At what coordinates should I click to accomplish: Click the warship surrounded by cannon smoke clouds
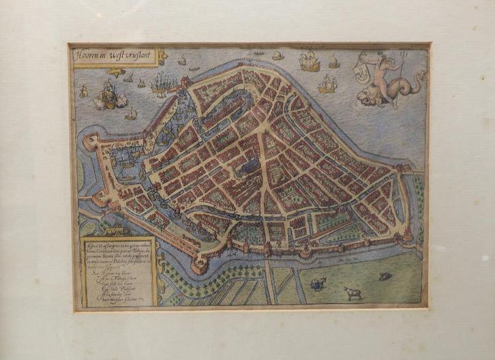point(108,95)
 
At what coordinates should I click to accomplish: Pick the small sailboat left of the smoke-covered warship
point(83,91)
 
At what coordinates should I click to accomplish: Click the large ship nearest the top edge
point(310,63)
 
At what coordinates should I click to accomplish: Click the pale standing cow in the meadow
point(352,292)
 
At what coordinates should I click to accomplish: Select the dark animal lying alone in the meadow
point(386,276)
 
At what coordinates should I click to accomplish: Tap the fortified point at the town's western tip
point(89,141)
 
